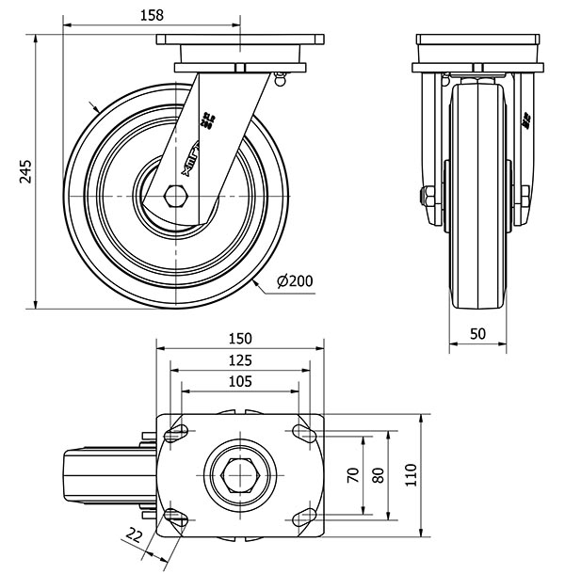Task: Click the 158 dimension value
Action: [x=151, y=14]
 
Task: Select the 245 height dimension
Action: [x=25, y=170]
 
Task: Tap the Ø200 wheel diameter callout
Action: [x=295, y=280]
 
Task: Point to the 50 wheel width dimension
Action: [x=477, y=334]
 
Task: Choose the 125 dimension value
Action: [x=240, y=360]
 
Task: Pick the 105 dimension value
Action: [x=240, y=381]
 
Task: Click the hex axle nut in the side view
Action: [x=175, y=195]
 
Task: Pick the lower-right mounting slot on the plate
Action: [x=304, y=517]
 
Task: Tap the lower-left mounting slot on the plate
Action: [x=176, y=517]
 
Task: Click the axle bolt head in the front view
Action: [x=426, y=196]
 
